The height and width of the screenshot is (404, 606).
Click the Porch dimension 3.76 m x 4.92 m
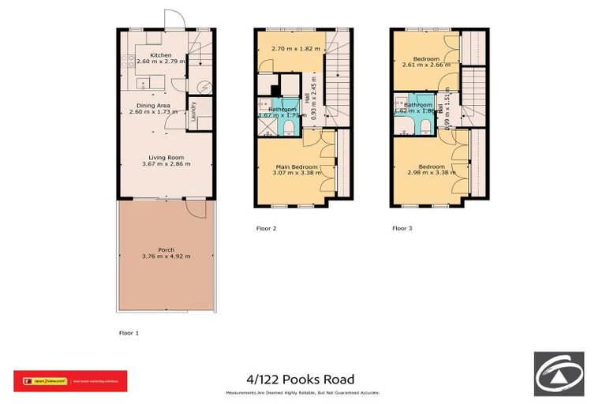(x=166, y=256)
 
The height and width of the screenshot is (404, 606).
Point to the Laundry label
(x=192, y=114)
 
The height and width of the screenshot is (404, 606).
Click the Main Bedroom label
(x=297, y=166)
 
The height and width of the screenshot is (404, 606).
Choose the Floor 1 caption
(x=128, y=333)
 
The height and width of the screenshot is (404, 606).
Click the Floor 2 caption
(x=267, y=228)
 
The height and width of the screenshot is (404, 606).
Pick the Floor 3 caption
(x=402, y=228)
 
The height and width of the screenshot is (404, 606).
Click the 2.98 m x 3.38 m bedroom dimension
(x=431, y=173)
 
